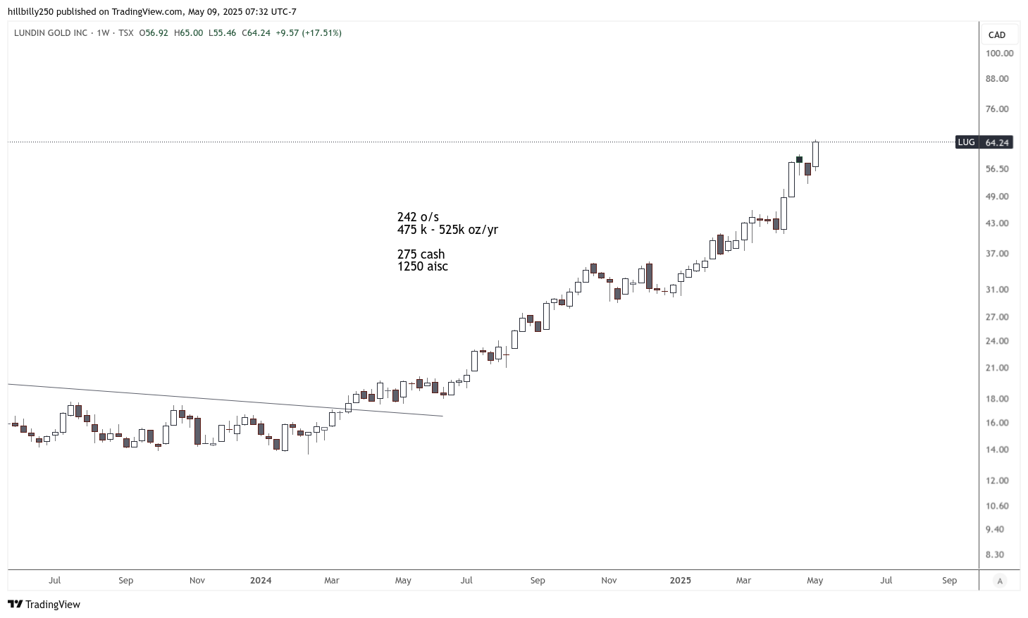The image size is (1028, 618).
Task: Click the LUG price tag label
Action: (966, 142)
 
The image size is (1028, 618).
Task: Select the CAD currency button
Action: (996, 35)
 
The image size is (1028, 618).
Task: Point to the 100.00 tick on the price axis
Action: (999, 54)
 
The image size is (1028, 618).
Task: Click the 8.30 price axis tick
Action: (994, 555)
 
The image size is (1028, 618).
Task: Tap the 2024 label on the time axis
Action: (261, 581)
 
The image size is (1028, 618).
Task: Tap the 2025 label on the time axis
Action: (680, 581)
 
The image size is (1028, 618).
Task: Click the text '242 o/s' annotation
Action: (418, 217)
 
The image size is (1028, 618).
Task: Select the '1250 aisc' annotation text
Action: (423, 266)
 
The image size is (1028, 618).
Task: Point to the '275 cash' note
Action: (421, 254)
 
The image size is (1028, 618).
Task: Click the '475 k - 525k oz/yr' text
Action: (447, 230)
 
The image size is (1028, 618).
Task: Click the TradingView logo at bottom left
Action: (44, 605)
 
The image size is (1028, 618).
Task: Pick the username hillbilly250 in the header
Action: (31, 12)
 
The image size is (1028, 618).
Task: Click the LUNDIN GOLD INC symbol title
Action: (51, 33)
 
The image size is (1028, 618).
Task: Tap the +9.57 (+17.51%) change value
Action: (309, 33)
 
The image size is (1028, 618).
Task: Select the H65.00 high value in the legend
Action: (188, 33)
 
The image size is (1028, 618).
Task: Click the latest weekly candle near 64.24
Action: (815, 154)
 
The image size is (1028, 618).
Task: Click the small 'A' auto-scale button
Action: (999, 581)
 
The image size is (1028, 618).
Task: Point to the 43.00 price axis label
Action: (997, 223)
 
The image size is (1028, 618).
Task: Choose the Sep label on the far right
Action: (950, 581)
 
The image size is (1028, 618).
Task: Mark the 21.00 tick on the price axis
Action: (997, 368)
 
